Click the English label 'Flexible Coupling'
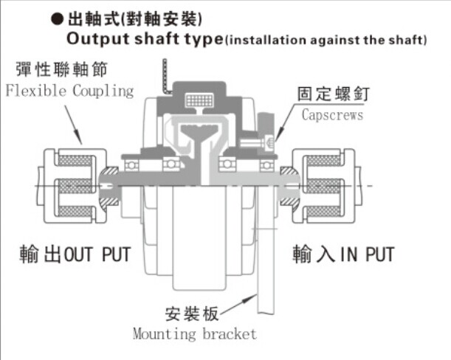tap(69, 91)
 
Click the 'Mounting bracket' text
tap(195, 333)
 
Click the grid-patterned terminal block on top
tap(196, 100)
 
